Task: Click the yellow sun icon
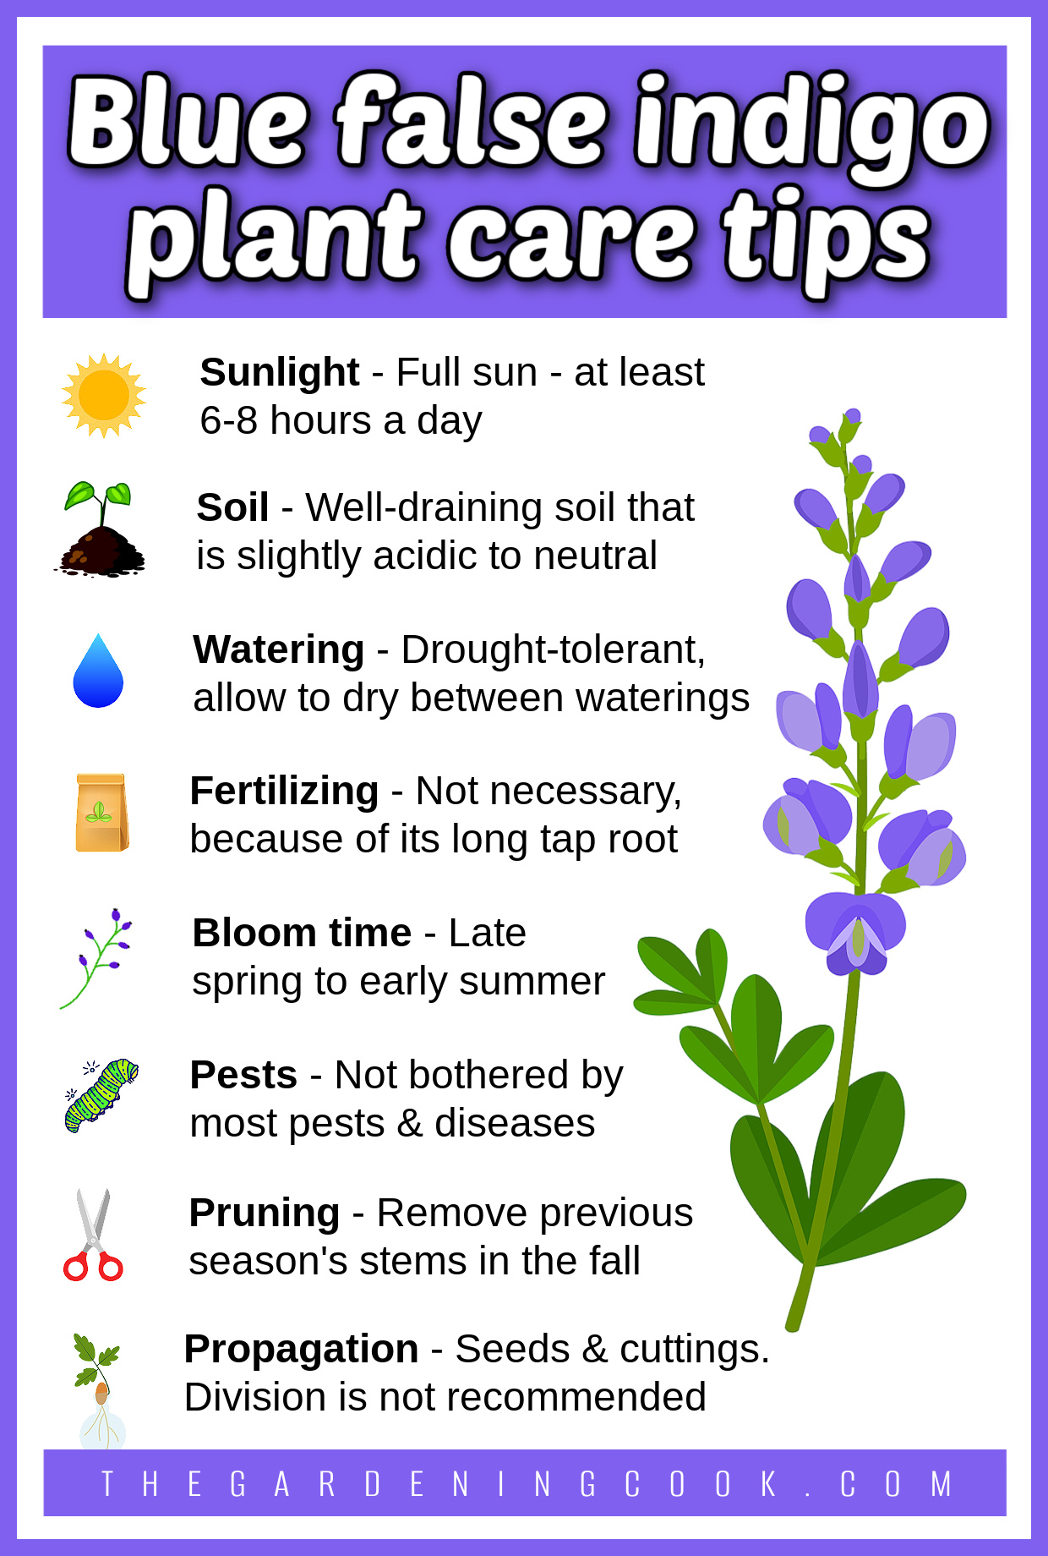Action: pyautogui.click(x=104, y=396)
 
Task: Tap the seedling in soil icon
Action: pyautogui.click(x=100, y=529)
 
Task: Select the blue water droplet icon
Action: pyautogui.click(x=98, y=671)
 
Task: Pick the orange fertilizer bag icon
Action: pyautogui.click(x=101, y=812)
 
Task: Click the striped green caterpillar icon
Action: pyautogui.click(x=101, y=1095)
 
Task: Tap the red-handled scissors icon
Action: pyautogui.click(x=93, y=1235)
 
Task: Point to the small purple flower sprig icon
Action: pyautogui.click(x=96, y=958)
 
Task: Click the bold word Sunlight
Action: pyautogui.click(x=280, y=372)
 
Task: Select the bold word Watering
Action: pyautogui.click(x=279, y=649)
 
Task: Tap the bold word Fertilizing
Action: pyautogui.click(x=284, y=792)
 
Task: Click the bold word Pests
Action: pyautogui.click(x=243, y=1075)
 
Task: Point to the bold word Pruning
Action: pyautogui.click(x=265, y=1214)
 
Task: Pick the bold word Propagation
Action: pyautogui.click(x=301, y=1350)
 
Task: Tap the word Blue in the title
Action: pyautogui.click(x=188, y=121)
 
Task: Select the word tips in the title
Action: pyautogui.click(x=826, y=241)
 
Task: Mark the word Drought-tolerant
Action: pyautogui.click(x=553, y=649)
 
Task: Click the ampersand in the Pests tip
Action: pyautogui.click(x=409, y=1124)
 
